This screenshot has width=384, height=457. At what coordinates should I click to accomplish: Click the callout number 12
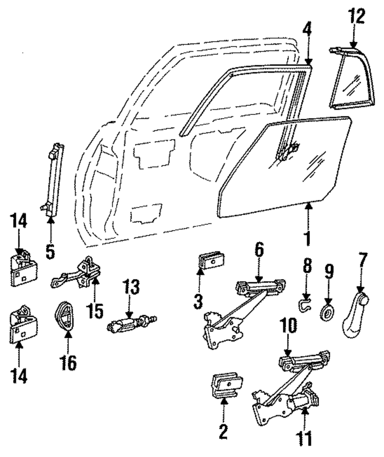tap(356, 16)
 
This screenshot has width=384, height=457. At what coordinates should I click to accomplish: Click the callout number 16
tap(68, 363)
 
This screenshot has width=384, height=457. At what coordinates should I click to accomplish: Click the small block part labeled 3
tap(211, 260)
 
